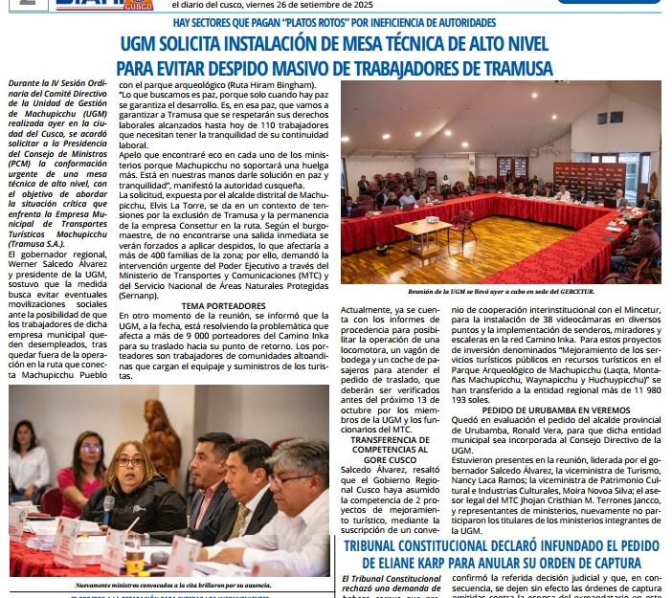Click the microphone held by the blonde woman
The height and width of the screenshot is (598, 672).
109,506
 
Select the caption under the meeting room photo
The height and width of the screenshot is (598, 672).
501,291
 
